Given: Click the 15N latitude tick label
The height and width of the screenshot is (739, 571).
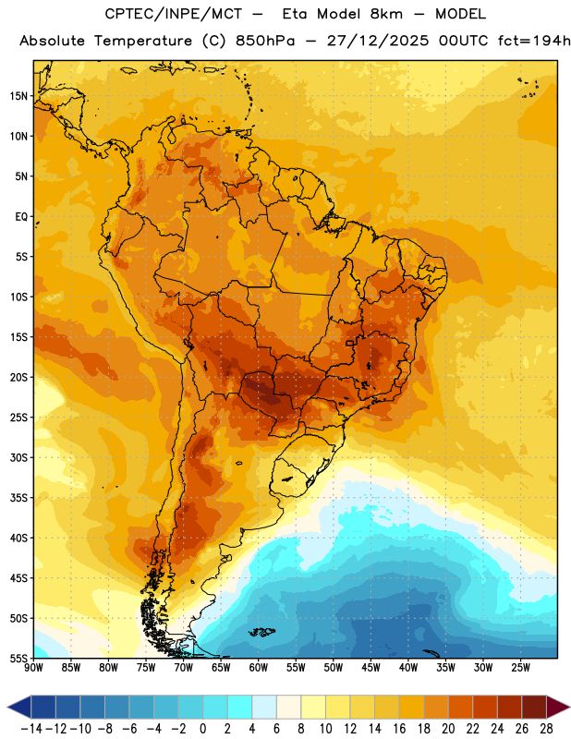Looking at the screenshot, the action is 18,96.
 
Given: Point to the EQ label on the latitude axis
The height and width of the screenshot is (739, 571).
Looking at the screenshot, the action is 21,217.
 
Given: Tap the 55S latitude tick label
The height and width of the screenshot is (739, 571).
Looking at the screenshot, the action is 18,658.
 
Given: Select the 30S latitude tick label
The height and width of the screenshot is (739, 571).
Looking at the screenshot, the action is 18,457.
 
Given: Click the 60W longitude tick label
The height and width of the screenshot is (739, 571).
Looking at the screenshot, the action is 259,667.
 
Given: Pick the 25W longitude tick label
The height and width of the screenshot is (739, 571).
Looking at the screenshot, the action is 520,667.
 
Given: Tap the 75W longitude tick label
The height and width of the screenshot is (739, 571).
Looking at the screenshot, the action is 146,667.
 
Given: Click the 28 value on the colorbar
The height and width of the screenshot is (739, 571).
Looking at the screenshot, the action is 546,729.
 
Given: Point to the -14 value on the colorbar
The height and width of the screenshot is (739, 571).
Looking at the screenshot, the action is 31,729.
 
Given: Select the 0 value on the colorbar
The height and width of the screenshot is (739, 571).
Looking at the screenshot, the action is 202,729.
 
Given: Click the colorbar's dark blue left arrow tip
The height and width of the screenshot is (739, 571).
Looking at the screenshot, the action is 7,707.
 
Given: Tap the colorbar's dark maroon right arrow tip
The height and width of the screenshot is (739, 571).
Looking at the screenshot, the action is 569,707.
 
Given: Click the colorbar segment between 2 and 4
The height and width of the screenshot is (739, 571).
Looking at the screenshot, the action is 239,707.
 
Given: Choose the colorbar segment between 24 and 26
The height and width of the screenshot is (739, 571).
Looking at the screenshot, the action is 510,707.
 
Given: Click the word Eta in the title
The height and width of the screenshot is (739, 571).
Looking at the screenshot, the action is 295,14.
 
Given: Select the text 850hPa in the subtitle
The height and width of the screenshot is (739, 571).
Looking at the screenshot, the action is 265,41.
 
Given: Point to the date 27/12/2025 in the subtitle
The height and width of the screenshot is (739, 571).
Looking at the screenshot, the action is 378,41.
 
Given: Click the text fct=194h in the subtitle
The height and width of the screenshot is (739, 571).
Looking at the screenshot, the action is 534,41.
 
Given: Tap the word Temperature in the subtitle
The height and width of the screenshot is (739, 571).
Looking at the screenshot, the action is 143,42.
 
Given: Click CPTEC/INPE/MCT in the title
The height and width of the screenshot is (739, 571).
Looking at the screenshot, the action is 174,14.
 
